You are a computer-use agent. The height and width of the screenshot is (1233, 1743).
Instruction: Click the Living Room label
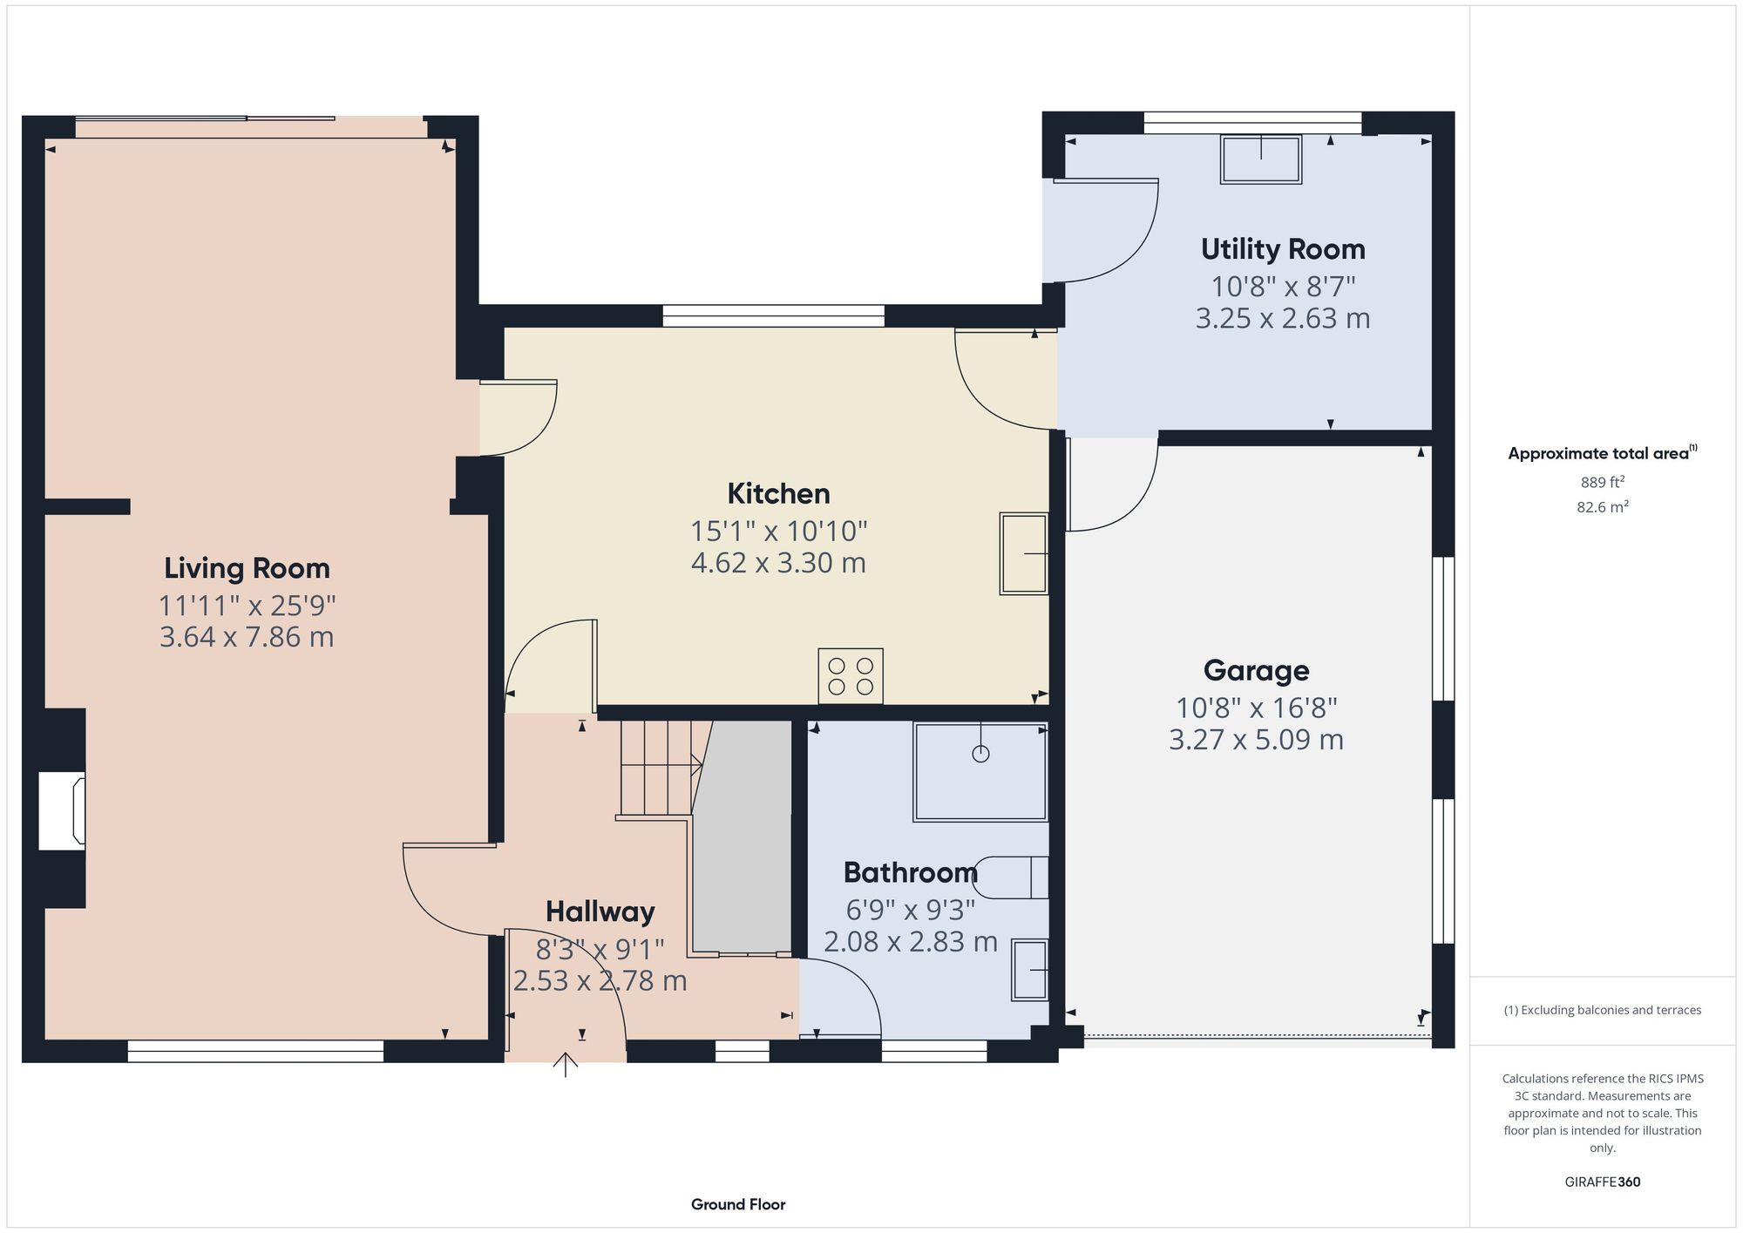point(247,568)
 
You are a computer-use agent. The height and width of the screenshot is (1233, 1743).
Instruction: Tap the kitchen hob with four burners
point(850,676)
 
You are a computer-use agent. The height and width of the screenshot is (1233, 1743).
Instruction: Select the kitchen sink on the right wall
point(1023,553)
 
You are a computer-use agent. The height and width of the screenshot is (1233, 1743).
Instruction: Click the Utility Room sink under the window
point(1261,159)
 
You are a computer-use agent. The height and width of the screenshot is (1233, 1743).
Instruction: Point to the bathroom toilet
point(1011,877)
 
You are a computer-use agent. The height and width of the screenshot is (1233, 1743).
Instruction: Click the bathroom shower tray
point(980,771)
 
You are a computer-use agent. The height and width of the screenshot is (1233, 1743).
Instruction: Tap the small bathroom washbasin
point(1029,970)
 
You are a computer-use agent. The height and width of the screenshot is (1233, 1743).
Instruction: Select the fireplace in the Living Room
point(62,811)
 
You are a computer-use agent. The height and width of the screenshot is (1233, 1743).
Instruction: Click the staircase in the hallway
point(657,767)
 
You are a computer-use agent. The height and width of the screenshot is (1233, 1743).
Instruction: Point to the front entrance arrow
point(566,1064)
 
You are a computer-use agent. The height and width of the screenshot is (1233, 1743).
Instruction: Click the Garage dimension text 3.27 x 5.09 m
point(1255,740)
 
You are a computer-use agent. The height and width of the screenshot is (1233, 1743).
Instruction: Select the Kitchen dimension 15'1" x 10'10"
point(778,531)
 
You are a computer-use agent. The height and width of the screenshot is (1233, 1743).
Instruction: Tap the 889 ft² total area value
point(1602,482)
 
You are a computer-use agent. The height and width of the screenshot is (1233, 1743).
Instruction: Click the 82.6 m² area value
point(1602,507)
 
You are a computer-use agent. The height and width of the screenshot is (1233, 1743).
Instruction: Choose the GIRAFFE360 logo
point(1602,1182)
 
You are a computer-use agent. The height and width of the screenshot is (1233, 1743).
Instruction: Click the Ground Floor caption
point(737,1204)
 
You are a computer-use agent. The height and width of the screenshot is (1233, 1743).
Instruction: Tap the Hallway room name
point(600,911)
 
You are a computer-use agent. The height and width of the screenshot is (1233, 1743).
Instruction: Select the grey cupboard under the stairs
point(742,837)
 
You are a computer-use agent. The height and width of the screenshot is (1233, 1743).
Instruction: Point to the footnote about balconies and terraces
point(1602,1010)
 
